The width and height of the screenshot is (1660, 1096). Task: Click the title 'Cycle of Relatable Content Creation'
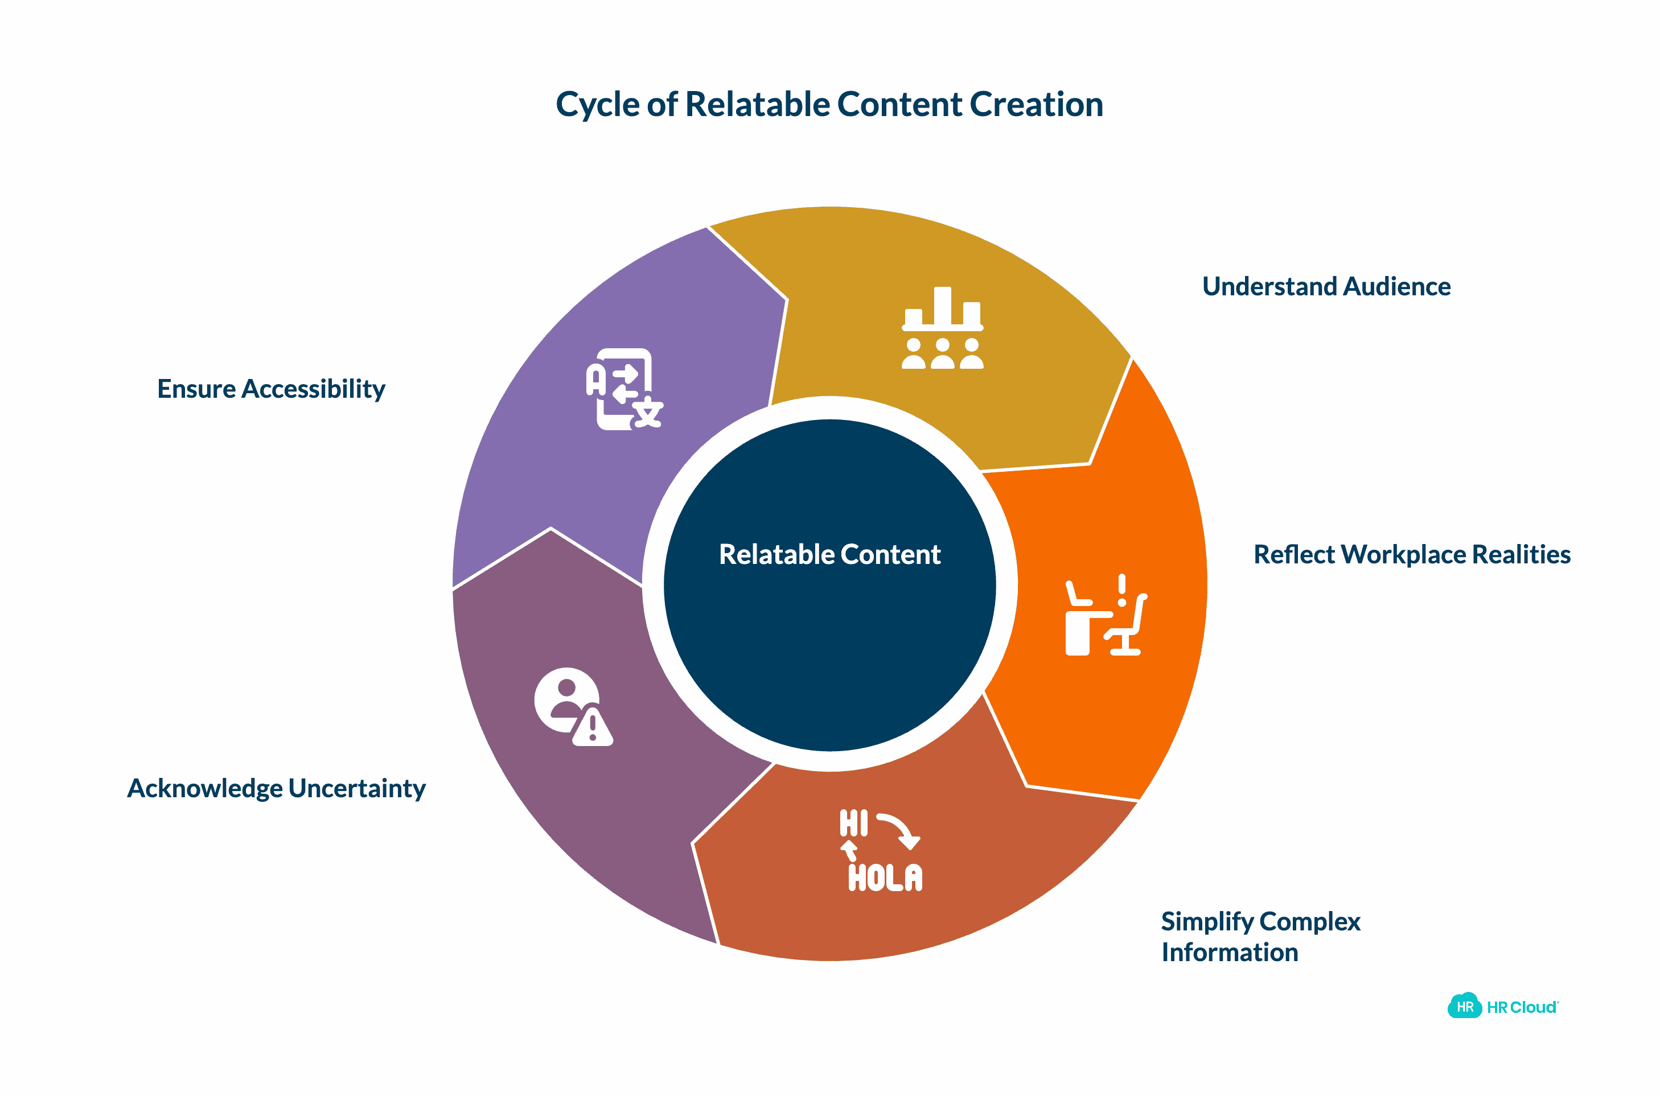pyautogui.click(x=829, y=105)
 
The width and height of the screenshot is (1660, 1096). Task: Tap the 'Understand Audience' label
pyautogui.click(x=1326, y=287)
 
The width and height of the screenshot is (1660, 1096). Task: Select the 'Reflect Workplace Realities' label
pyautogui.click(x=1412, y=554)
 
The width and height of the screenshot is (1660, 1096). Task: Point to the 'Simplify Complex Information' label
pyautogui.click(x=1260, y=937)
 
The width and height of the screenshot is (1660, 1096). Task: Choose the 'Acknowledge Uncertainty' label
pyautogui.click(x=276, y=789)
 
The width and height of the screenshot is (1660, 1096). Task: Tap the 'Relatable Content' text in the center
pyautogui.click(x=829, y=554)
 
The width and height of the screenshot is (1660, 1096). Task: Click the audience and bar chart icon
pyautogui.click(x=943, y=328)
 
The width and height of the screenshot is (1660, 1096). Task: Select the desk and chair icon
pyautogui.click(x=1106, y=615)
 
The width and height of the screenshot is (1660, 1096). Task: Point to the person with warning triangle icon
pyautogui.click(x=573, y=707)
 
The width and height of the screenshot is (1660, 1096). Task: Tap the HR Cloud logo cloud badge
pyautogui.click(x=1464, y=1007)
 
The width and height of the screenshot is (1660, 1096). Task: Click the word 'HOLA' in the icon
pyautogui.click(x=885, y=878)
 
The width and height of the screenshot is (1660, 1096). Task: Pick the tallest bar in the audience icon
pyautogui.click(x=943, y=306)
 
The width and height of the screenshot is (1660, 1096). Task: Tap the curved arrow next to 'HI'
pyautogui.click(x=899, y=830)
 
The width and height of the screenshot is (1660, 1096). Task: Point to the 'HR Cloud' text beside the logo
pyautogui.click(x=1522, y=1007)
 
